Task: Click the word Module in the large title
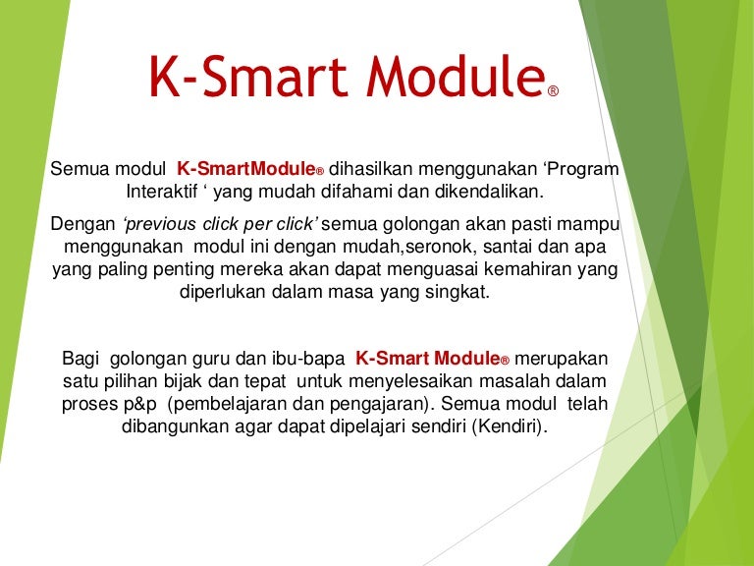coord(456,76)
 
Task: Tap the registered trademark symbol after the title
coord(553,91)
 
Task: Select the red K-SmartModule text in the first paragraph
coord(245,168)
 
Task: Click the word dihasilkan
coord(370,168)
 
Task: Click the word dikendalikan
coord(489,192)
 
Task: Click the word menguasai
coord(432,269)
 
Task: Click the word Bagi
coord(81,359)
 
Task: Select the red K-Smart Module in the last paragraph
coord(428,359)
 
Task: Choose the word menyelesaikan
coord(411,381)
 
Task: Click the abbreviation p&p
coord(140,404)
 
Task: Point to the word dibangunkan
coord(175,426)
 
